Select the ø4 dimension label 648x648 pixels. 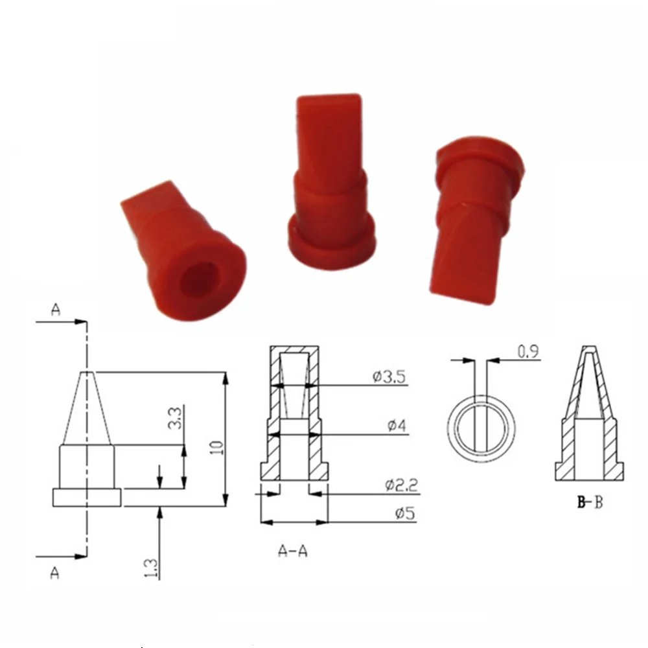tap(396, 426)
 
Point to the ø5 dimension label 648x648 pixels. tap(400, 514)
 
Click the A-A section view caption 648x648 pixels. tap(292, 551)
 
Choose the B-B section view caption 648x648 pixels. tap(590, 503)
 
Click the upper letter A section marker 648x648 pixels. tap(55, 311)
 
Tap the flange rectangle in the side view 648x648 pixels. tap(87, 498)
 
